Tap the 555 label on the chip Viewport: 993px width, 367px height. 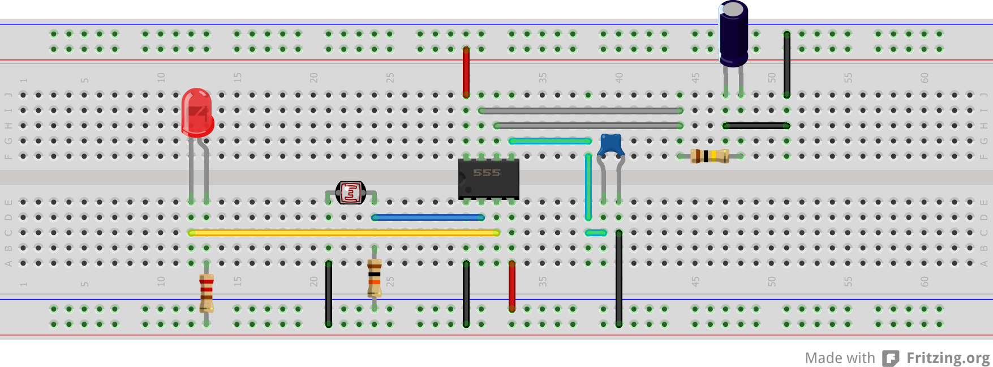point(487,173)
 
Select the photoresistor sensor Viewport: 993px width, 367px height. point(351,193)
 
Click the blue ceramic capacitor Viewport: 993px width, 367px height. point(611,145)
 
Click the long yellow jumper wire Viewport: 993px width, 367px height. point(344,233)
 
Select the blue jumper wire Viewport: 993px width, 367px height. point(428,217)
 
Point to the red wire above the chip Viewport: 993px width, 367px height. point(466,72)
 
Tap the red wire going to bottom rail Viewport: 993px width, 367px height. point(512,286)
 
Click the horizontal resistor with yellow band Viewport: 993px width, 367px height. point(710,156)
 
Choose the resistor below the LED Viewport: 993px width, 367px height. point(207,293)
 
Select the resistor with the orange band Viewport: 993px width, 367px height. point(375,278)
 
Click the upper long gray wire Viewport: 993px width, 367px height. point(581,110)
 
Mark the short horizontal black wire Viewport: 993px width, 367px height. point(756,126)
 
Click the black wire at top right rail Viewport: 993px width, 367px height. point(787,64)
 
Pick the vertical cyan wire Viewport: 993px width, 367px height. point(588,187)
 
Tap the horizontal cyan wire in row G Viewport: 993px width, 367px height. point(550,141)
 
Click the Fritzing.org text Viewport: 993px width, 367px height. point(948,358)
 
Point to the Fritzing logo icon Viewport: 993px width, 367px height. point(891,359)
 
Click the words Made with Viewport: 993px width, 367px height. point(840,358)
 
